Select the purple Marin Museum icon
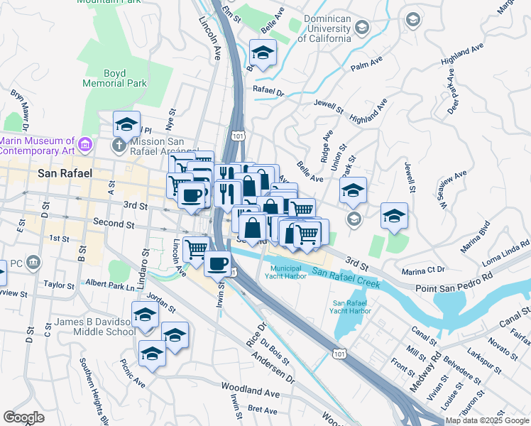(x=85, y=145)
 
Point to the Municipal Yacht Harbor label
(x=288, y=272)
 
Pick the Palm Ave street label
(x=366, y=66)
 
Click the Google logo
(x=23, y=417)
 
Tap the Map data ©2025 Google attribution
(x=487, y=420)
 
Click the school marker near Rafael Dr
(x=263, y=53)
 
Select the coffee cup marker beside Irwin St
(x=218, y=263)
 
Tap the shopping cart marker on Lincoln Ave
(x=196, y=248)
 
